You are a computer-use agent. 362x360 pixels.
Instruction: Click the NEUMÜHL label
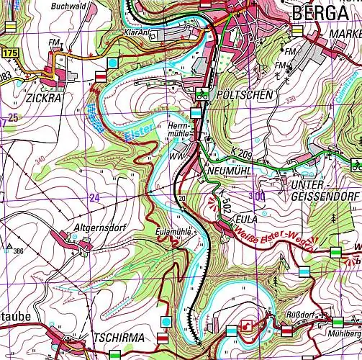(230, 171)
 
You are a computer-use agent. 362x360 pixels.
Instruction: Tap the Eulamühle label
(173, 233)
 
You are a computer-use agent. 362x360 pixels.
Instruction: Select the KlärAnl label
(137, 33)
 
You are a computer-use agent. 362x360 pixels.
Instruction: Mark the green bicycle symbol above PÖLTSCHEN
(202, 94)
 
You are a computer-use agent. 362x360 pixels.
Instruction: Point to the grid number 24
(94, 197)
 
